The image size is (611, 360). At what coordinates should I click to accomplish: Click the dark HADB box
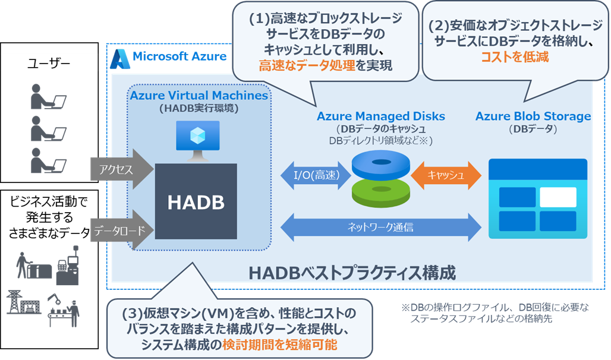tap(196, 203)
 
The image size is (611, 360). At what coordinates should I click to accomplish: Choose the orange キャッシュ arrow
tap(445, 176)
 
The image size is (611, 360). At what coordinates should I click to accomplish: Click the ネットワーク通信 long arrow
tap(380, 226)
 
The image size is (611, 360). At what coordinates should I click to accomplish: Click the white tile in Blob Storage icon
tap(558, 197)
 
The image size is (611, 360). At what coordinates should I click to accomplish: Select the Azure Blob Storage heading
tap(533, 116)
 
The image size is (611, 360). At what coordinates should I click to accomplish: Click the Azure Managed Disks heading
tap(380, 116)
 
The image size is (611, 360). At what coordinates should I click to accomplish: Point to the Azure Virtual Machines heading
tap(199, 96)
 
